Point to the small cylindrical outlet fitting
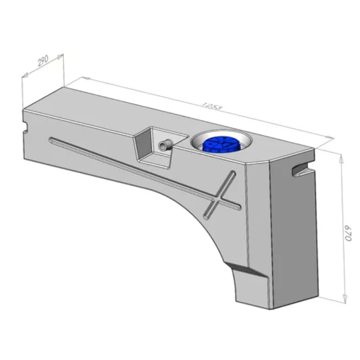pyautogui.click(x=164, y=145)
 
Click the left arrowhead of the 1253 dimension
pyautogui.click(x=85, y=79)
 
